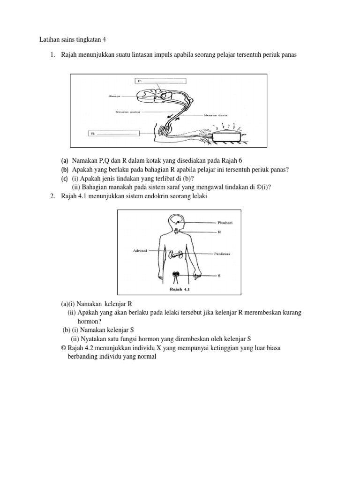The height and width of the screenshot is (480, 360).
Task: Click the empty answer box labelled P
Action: (x=161, y=81)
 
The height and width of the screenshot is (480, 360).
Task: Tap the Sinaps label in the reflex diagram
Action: (x=114, y=97)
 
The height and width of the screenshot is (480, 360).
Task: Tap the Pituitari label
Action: (x=225, y=223)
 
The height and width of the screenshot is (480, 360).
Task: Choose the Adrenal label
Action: (x=140, y=251)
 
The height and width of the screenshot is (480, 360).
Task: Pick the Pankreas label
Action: (x=224, y=254)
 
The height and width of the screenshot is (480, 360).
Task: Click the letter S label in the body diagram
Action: (x=219, y=276)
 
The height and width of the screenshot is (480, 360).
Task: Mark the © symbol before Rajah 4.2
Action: (x=64, y=348)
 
